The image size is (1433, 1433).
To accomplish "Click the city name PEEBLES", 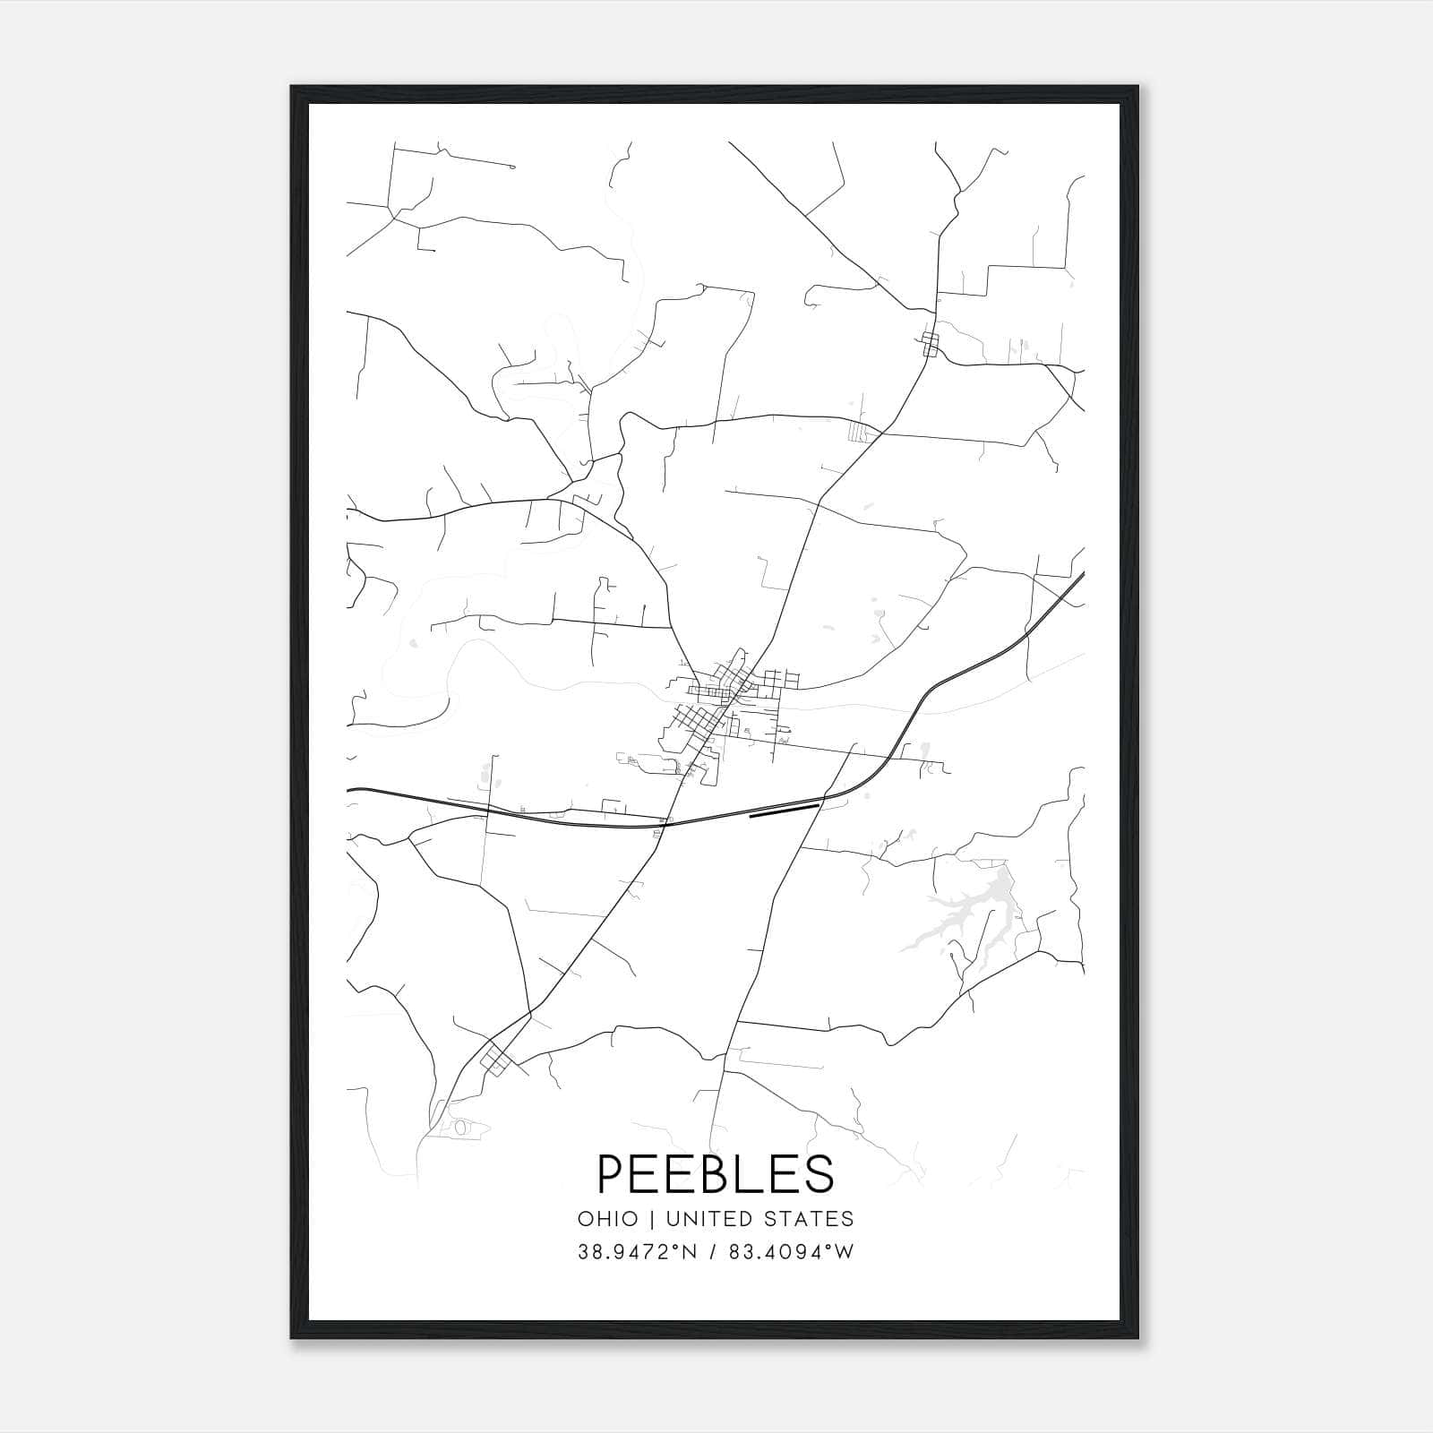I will click(715, 1173).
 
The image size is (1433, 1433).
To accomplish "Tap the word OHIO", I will click(608, 1219).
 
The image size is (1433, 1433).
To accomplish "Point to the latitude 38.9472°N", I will click(636, 1252).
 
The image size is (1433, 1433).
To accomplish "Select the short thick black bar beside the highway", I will click(784, 811).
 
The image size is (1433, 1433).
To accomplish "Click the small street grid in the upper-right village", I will click(930, 344).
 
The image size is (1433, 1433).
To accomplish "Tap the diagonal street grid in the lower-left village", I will click(495, 1060).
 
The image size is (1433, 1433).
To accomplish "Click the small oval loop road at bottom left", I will click(459, 1128).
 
